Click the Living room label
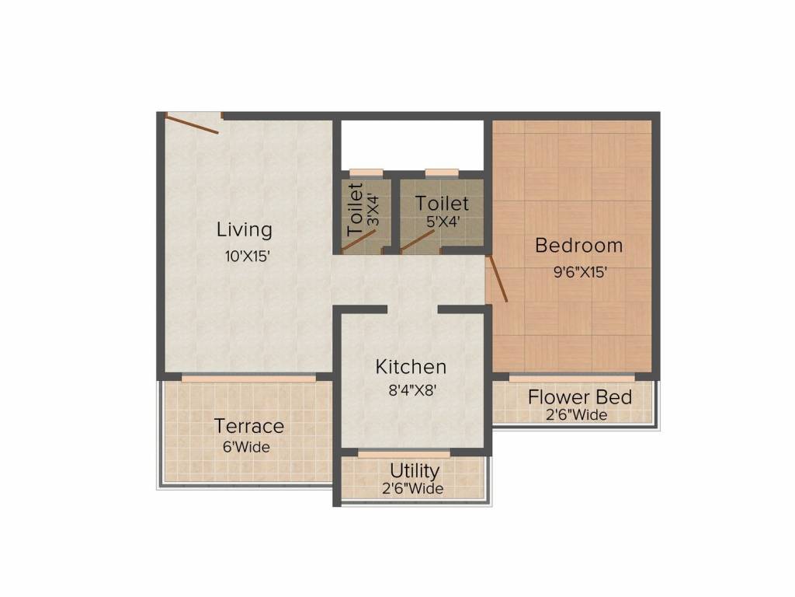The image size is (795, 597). (245, 230)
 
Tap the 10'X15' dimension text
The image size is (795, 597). (246, 256)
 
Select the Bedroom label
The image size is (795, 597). (579, 246)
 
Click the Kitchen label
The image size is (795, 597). (411, 366)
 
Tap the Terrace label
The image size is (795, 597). (249, 426)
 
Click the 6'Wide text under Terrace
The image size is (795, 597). (248, 447)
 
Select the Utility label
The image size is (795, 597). (415, 471)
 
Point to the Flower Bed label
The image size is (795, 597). (580, 397)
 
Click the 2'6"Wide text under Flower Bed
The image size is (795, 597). (578, 415)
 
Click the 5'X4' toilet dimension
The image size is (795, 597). (442, 221)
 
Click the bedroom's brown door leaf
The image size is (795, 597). (497, 278)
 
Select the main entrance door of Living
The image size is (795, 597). (193, 124)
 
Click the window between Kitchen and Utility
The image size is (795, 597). (404, 453)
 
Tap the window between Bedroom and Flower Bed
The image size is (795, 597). (571, 378)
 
